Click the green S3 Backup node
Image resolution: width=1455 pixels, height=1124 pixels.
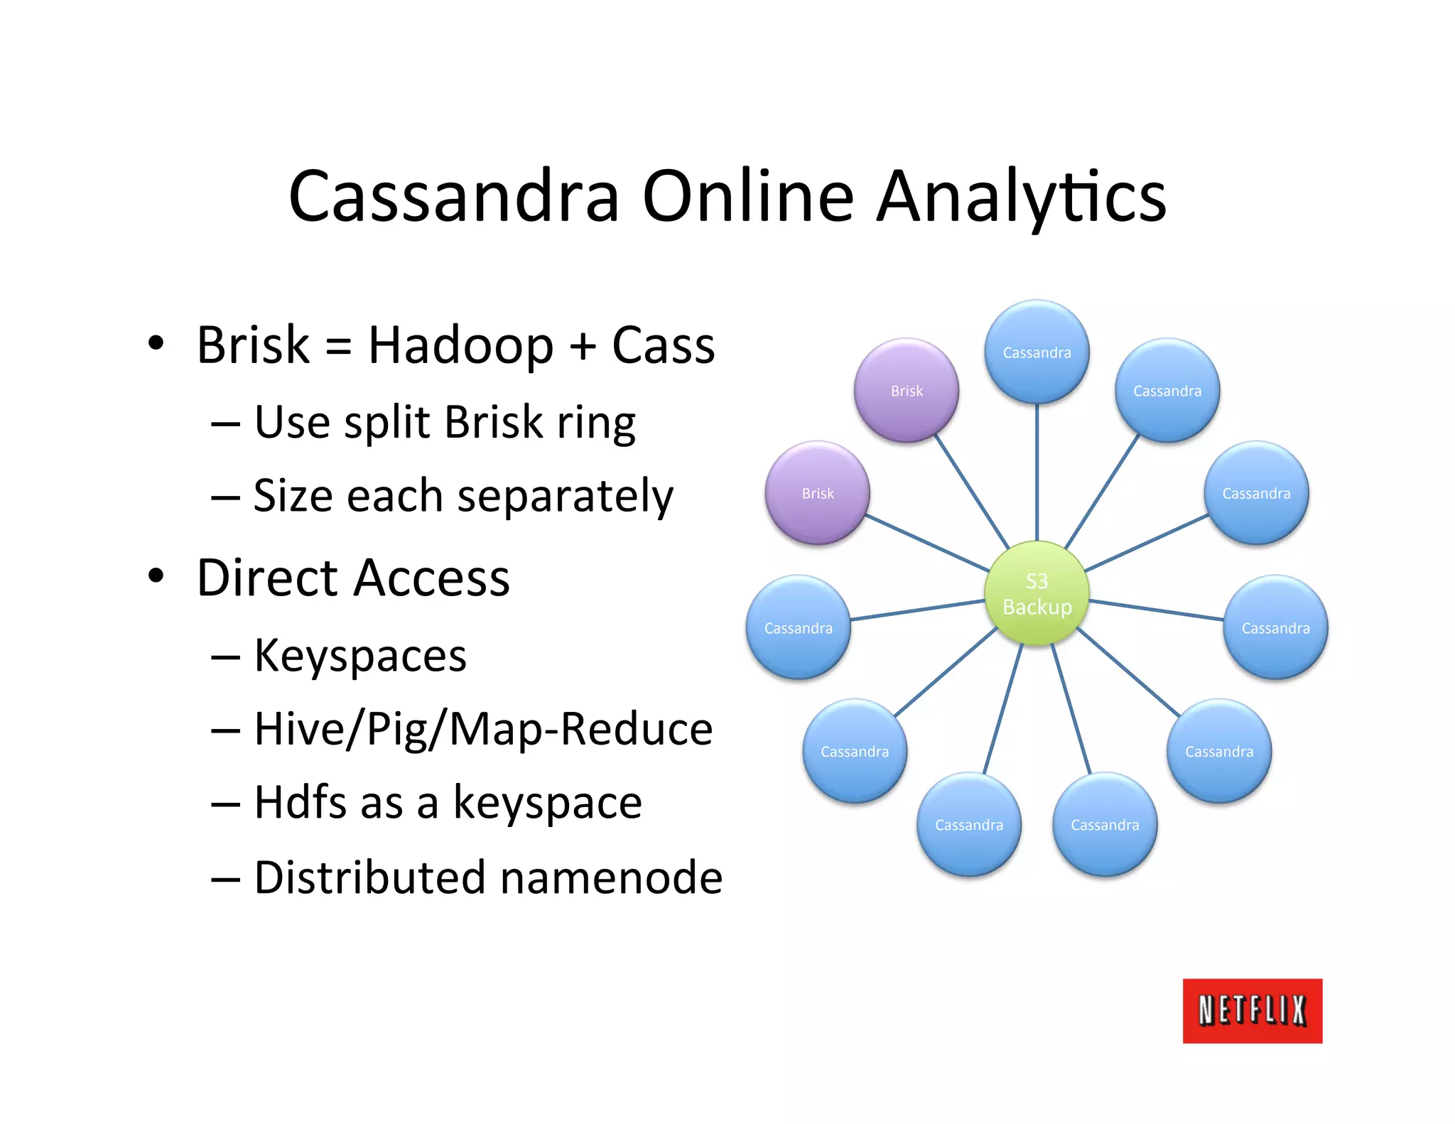(x=1037, y=593)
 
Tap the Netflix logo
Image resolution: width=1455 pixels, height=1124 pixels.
(x=1252, y=1010)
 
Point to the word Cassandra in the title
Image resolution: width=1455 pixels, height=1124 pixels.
(x=455, y=197)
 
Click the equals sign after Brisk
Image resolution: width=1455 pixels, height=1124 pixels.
(x=338, y=347)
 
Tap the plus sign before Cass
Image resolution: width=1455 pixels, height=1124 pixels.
(x=583, y=347)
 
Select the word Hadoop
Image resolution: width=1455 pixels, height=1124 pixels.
(x=460, y=347)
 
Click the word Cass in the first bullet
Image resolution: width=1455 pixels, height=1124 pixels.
(x=663, y=347)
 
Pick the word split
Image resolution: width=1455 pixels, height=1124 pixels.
(x=387, y=423)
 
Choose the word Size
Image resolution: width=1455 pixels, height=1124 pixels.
(x=293, y=496)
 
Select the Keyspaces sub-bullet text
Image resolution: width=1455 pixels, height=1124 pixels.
(x=360, y=656)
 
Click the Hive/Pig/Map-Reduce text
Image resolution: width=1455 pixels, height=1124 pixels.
(x=483, y=730)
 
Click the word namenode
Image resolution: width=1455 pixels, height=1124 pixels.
(x=611, y=878)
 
